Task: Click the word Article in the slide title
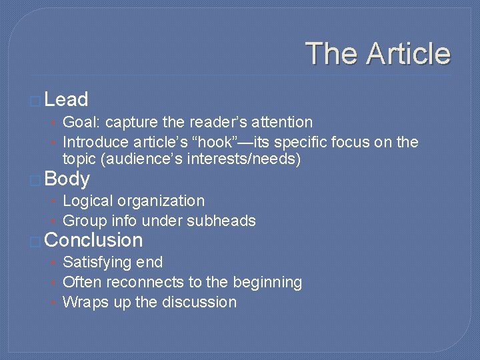[x=410, y=54]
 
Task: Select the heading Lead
[x=66, y=100]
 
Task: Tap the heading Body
[x=67, y=179]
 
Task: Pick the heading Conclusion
[x=93, y=240]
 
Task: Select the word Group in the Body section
[x=81, y=221]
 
